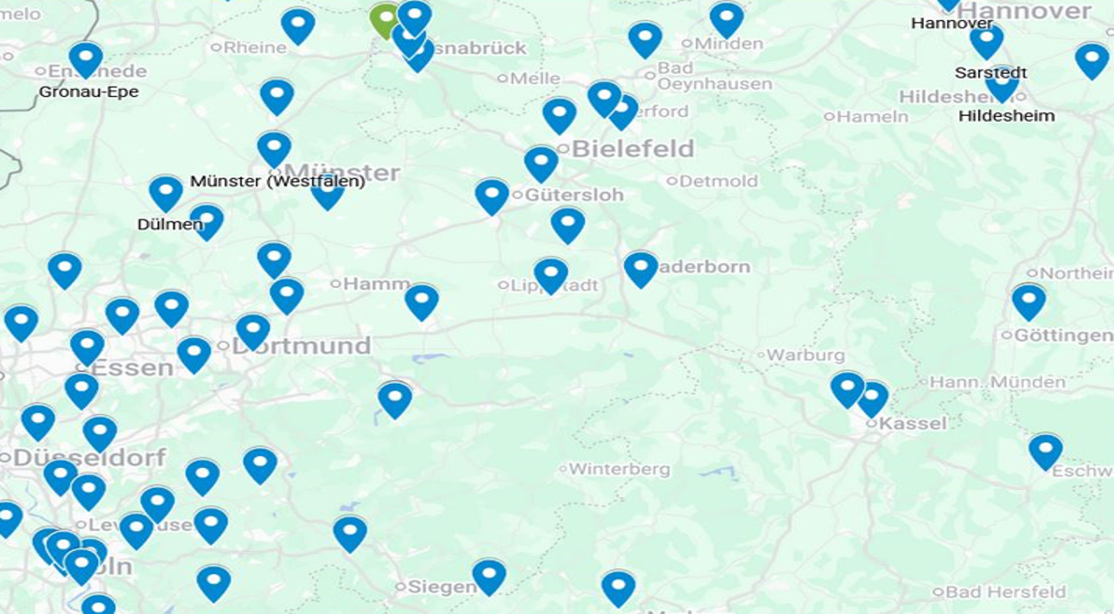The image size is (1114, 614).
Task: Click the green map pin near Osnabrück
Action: click(x=383, y=19)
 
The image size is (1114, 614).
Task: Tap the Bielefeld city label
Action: click(x=632, y=149)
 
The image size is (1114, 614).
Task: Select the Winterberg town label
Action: click(x=619, y=470)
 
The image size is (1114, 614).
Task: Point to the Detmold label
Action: click(x=718, y=181)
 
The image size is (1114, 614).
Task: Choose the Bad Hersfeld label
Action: click(x=1005, y=592)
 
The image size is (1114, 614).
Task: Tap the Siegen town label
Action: click(x=441, y=586)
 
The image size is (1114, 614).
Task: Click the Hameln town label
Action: click(x=872, y=116)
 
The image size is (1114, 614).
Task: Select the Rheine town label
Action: click(x=254, y=47)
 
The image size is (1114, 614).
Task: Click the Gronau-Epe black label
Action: click(x=88, y=92)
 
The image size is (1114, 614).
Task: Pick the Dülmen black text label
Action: click(x=169, y=224)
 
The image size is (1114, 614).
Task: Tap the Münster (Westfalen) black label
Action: click(x=277, y=182)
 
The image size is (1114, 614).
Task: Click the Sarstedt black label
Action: click(x=990, y=73)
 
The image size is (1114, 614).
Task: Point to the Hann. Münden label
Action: click(x=997, y=381)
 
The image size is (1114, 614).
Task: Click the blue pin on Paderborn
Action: click(x=640, y=267)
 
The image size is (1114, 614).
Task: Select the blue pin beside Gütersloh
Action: click(x=492, y=195)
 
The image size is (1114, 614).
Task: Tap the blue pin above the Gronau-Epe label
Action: click(x=86, y=58)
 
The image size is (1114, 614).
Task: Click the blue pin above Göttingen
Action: click(x=1028, y=300)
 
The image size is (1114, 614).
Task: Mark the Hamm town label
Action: click(x=376, y=284)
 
